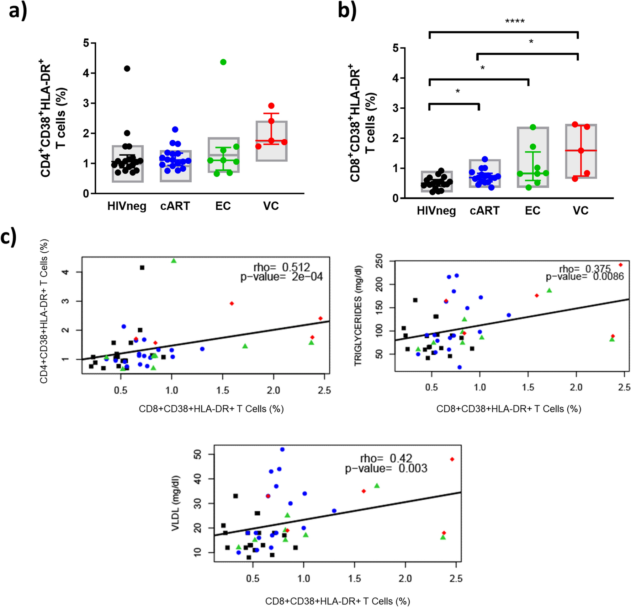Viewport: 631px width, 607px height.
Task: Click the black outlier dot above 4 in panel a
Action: (x=127, y=69)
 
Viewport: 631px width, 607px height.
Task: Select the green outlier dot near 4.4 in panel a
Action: (x=223, y=62)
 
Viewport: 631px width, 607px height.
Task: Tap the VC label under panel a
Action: (x=271, y=206)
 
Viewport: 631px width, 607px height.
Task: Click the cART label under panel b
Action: (x=484, y=211)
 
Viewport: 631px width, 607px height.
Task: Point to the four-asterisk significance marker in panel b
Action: (x=515, y=21)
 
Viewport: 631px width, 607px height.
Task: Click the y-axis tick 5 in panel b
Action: (x=396, y=48)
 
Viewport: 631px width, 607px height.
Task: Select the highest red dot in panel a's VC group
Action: (x=271, y=106)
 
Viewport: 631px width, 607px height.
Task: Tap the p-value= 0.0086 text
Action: (x=585, y=276)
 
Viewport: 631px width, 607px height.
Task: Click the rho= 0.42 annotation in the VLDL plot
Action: (x=386, y=458)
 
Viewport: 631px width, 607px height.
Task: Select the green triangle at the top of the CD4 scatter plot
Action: (x=174, y=261)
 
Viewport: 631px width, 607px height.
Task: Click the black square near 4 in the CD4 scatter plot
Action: (x=142, y=268)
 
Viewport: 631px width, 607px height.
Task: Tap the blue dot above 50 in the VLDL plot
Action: (x=282, y=450)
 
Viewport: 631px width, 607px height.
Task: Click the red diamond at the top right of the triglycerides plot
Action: (x=621, y=265)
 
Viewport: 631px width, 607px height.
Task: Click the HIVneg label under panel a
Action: (x=127, y=206)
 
